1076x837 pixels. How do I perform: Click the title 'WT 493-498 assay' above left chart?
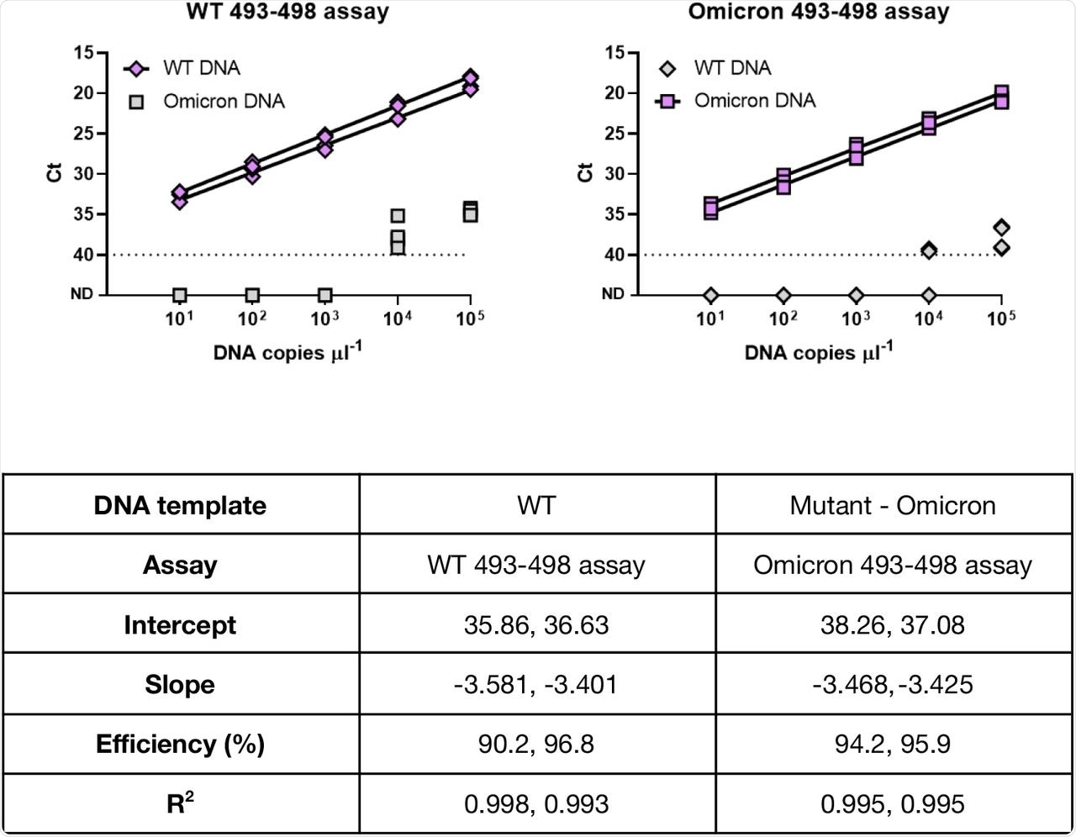click(287, 12)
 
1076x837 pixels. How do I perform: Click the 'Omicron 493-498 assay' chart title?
click(818, 12)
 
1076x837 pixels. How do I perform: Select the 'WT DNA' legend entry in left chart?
click(202, 68)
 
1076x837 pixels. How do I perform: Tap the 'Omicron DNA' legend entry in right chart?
click(754, 101)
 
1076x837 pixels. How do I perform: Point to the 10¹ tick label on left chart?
click(180, 318)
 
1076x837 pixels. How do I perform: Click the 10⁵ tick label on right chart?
click(1000, 318)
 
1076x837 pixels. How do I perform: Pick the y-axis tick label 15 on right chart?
click(615, 53)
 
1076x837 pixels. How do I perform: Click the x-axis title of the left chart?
click(287, 352)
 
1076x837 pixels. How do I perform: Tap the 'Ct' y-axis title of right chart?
click(585, 173)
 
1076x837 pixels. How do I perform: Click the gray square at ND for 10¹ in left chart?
click(180, 295)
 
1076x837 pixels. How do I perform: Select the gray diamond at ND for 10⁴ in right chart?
click(928, 295)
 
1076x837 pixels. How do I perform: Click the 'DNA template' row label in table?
click(180, 505)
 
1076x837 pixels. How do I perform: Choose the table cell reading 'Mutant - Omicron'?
click(893, 505)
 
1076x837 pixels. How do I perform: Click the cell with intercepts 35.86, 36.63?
click(536, 624)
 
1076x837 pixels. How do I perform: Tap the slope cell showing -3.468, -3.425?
click(893, 684)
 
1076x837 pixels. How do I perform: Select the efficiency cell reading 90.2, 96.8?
click(536, 744)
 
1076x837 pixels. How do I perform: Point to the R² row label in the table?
click(180, 804)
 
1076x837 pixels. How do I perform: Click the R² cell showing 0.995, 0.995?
click(893, 804)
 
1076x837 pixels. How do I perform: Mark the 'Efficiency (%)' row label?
click(180, 744)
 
